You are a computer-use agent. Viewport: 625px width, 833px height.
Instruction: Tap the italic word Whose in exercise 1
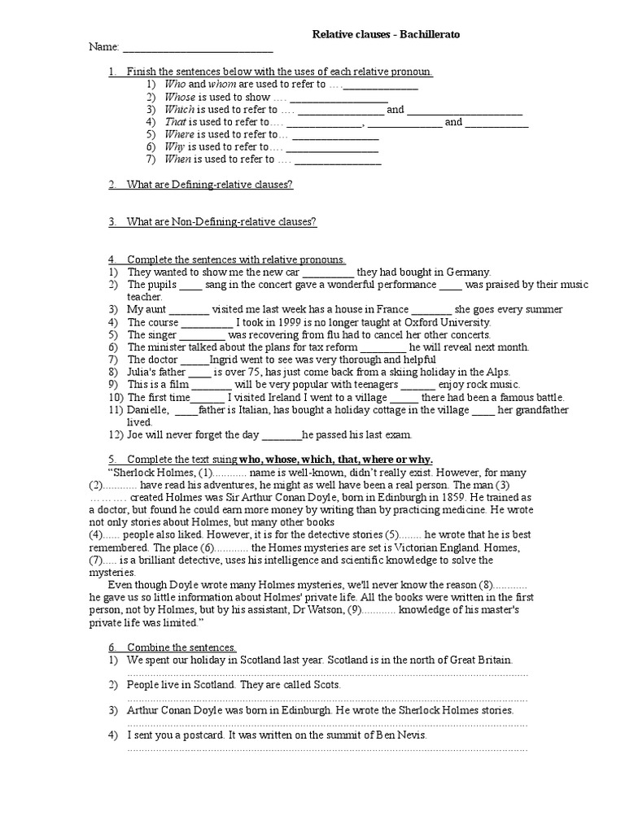click(x=179, y=97)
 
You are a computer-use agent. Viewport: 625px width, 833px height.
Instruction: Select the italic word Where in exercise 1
click(x=180, y=134)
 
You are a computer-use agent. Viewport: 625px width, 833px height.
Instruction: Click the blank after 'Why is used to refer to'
click(x=333, y=147)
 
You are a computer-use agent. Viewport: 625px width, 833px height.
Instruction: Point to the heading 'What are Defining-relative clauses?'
click(x=209, y=185)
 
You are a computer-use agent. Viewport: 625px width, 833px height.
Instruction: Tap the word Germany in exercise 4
click(x=470, y=273)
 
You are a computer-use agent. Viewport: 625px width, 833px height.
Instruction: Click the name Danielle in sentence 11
click(x=148, y=410)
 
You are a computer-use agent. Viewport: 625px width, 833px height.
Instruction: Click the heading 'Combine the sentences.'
click(x=181, y=648)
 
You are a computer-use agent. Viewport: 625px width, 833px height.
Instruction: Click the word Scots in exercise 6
click(x=326, y=685)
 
